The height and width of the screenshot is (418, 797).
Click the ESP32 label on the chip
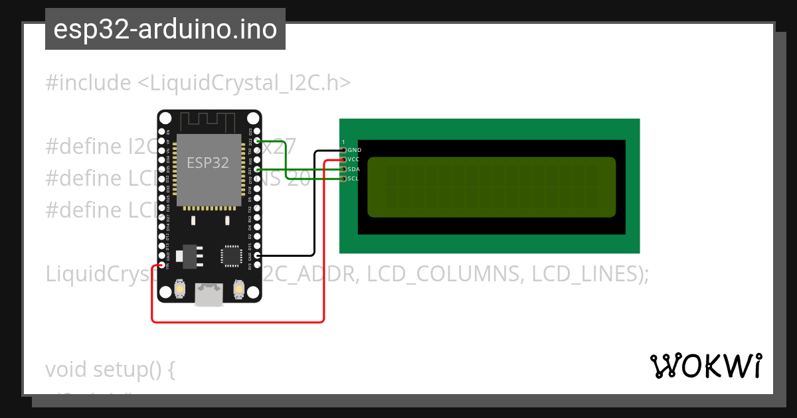(208, 163)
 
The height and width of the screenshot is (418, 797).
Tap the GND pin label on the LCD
(354, 151)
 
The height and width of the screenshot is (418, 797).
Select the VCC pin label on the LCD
(353, 160)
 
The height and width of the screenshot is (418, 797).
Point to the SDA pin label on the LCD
(353, 169)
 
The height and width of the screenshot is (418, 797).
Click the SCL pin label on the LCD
(353, 178)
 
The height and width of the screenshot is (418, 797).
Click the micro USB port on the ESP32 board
(209, 295)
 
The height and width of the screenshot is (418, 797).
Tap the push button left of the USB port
(179, 290)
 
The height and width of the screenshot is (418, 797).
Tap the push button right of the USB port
(239, 290)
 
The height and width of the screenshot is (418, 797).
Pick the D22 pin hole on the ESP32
(257, 141)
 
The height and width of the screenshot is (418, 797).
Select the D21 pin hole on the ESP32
(257, 170)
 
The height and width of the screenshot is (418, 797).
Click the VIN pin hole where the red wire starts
(161, 265)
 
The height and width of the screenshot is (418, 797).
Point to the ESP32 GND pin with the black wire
(257, 255)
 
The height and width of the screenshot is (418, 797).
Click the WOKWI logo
(705, 366)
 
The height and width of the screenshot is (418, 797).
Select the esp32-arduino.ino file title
(165, 29)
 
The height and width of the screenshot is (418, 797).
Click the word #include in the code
(88, 83)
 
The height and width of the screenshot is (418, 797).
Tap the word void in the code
(66, 369)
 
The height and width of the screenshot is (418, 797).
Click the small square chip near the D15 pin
(231, 255)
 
